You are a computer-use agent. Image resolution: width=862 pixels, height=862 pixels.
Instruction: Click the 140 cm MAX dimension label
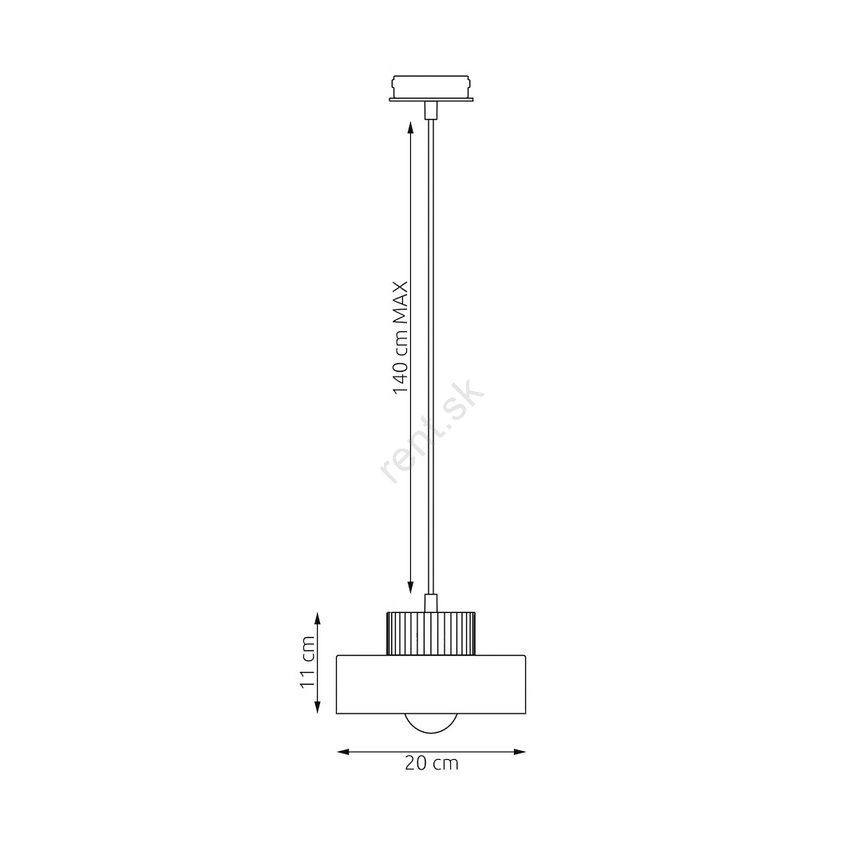point(401,338)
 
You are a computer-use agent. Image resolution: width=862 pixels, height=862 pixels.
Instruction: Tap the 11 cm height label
point(306,662)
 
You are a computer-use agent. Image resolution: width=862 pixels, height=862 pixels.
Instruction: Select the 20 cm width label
point(432,764)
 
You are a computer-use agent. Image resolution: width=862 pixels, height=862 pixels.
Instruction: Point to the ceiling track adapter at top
point(431,89)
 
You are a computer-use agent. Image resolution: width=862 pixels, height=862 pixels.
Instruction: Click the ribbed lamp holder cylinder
point(431,633)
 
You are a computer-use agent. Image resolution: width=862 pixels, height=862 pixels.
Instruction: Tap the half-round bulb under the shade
point(431,723)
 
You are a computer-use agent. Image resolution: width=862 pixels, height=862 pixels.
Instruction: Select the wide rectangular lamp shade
point(431,685)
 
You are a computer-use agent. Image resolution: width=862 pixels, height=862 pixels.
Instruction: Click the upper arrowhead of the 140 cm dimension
point(411,128)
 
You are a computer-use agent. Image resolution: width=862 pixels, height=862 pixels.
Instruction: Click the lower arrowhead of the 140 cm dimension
point(411,587)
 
